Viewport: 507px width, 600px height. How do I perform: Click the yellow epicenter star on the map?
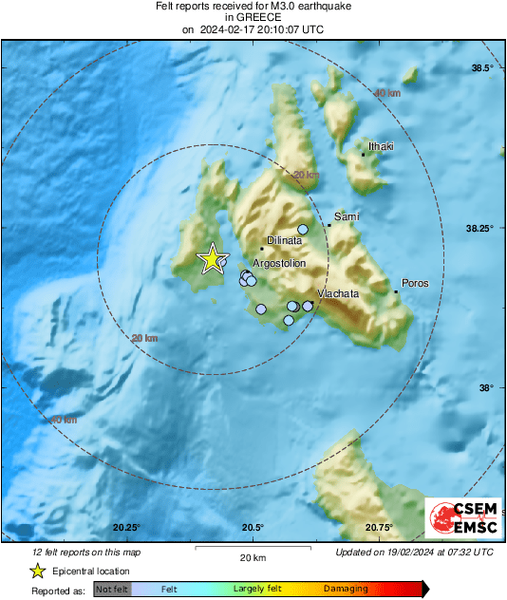coord(211,258)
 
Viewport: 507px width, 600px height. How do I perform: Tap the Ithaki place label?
coord(381,147)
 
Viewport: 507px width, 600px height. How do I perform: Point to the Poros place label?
coord(415,283)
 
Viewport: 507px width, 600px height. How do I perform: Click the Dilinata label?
coord(284,242)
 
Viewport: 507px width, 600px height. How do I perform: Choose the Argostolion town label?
coord(279,263)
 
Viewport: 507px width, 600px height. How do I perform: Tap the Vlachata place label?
coord(338,294)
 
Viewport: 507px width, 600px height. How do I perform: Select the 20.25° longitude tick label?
coord(126,527)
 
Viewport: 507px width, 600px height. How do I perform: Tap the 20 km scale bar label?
coord(252,556)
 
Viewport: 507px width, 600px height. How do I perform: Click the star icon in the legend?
coord(37,571)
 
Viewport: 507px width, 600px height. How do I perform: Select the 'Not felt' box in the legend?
coord(112,590)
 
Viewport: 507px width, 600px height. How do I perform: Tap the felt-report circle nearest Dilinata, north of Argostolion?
coord(303,229)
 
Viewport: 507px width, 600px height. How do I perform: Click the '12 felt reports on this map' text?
coord(86,552)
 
